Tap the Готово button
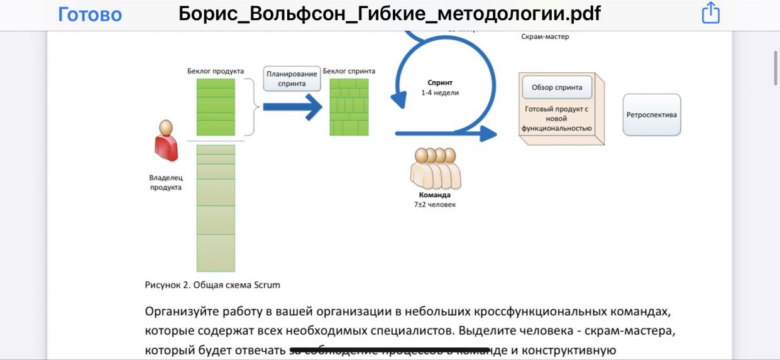point(90,14)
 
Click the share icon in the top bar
point(710,13)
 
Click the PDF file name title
point(389,14)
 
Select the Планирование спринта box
point(291,79)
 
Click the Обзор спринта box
point(556,87)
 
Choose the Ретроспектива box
point(652,115)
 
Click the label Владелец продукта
point(166,182)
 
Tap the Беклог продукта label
point(216,71)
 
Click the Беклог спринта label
point(349,71)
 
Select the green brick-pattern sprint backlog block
point(349,106)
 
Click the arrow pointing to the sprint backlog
point(292,107)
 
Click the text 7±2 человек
point(434,204)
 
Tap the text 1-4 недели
point(440,92)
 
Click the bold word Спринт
point(440,82)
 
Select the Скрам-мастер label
point(545,36)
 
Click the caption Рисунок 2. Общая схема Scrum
point(212,285)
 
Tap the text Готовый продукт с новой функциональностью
point(556,118)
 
